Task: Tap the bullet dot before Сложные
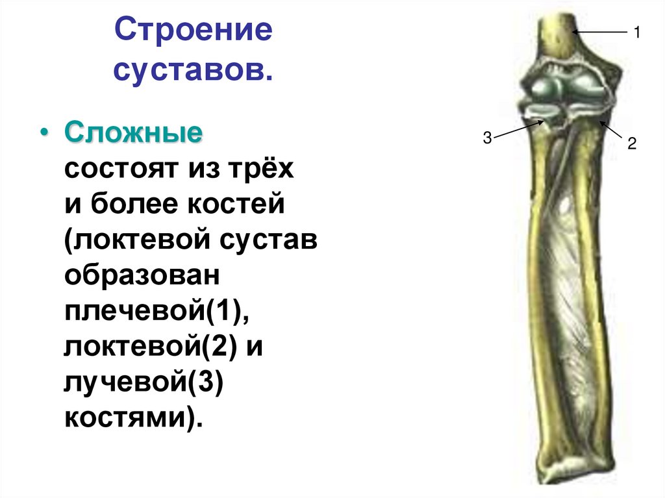[44, 134]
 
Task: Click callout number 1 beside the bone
[638, 32]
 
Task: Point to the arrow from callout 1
[599, 32]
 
